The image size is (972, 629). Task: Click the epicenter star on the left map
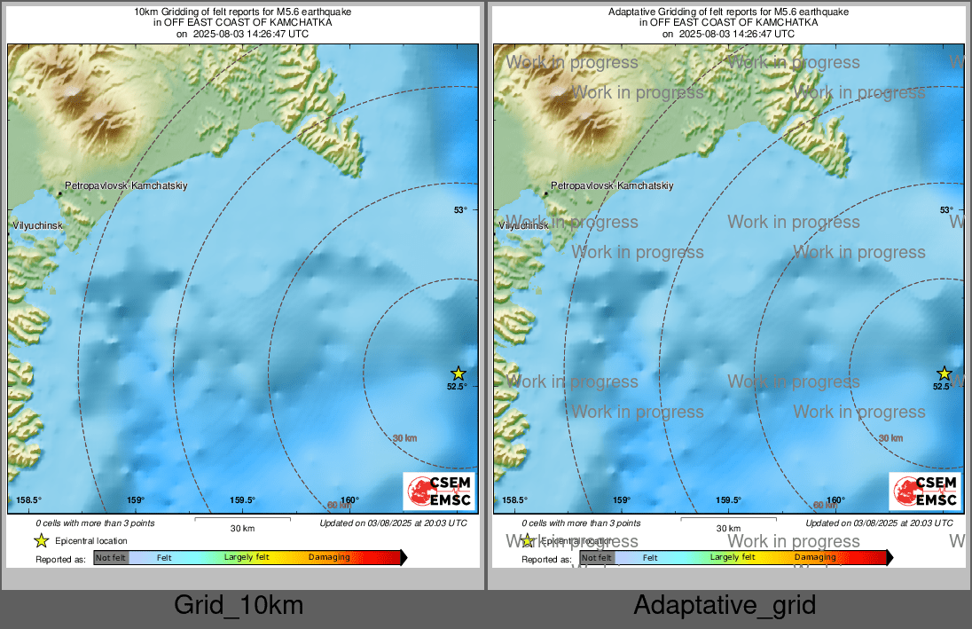tap(458, 373)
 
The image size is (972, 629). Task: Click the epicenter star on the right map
tap(944, 373)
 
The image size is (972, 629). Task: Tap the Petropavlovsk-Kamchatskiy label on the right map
tap(612, 186)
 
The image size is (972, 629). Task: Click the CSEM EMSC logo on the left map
tap(439, 491)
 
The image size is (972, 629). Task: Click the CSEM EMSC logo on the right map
tap(925, 491)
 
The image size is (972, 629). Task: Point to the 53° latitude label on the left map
tap(460, 210)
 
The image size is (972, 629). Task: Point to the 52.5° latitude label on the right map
tap(943, 386)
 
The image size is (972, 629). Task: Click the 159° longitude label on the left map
tap(135, 500)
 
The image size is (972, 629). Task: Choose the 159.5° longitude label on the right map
tap(729, 500)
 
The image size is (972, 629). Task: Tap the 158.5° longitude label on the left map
tap(29, 500)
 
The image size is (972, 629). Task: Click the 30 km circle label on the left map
tap(404, 438)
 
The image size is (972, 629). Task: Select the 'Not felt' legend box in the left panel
tap(111, 558)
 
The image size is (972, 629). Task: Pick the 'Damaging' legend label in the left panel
tap(329, 558)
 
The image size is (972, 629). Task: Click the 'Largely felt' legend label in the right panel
tap(733, 557)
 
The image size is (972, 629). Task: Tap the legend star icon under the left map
tap(41, 540)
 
